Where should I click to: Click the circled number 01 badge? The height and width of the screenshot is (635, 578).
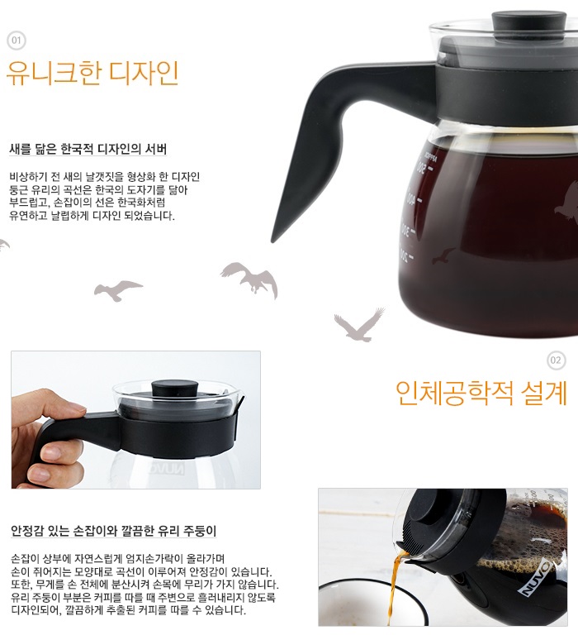[x=17, y=41]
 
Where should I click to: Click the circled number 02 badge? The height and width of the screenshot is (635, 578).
[x=556, y=360]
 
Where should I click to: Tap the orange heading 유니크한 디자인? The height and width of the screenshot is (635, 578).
[x=92, y=74]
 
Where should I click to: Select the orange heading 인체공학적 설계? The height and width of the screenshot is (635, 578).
[x=481, y=393]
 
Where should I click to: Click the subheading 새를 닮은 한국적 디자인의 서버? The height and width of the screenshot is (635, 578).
[x=88, y=149]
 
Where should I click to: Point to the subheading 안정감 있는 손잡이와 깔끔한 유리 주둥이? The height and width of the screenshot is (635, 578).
[x=114, y=531]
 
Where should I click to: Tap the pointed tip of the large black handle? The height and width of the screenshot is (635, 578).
[x=272, y=241]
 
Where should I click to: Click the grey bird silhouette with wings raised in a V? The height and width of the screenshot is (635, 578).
[x=359, y=325]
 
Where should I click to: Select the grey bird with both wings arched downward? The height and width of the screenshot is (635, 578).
[x=250, y=279]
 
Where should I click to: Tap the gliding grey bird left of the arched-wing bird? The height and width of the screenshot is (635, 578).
[x=118, y=290]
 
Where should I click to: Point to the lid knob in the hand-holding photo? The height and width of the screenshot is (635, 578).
[x=175, y=389]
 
